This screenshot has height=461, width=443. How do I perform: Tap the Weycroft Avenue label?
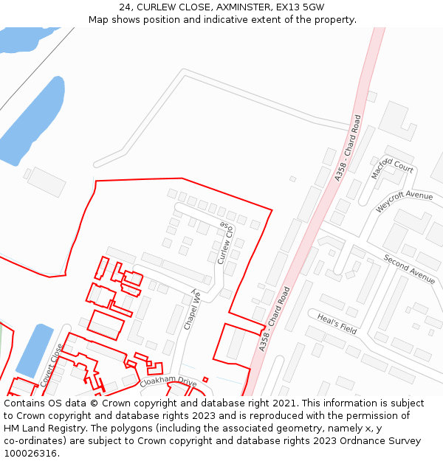pos(404,201)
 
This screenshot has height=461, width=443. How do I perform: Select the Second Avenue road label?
pos(409,268)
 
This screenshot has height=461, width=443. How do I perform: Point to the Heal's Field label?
pos(337,324)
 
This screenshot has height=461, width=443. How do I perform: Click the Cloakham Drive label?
pos(168,382)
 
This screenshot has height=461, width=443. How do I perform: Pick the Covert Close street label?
pos(50,365)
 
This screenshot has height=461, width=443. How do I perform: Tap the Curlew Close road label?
pos(226,243)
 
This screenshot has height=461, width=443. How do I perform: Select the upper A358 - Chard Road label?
pos(348,148)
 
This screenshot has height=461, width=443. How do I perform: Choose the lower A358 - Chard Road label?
pos(275,318)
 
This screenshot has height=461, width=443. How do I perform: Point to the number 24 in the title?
pos(126,7)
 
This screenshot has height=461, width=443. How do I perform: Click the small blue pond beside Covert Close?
pos(34,350)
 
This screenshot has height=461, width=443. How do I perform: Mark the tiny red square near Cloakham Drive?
pos(205,380)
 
